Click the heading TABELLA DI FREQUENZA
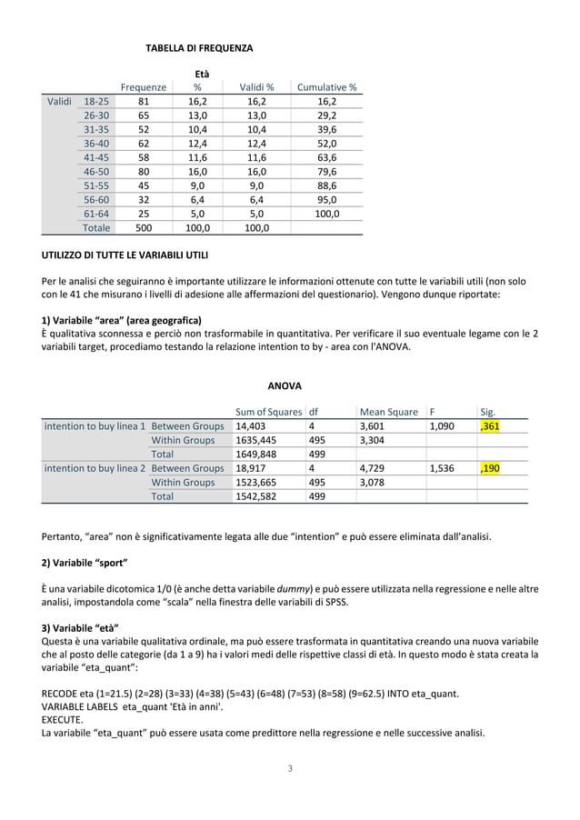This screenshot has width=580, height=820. [199, 47]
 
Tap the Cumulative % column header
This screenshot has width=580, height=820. [326, 87]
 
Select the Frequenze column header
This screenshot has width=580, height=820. [144, 87]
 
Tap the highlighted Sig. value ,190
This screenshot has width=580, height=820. [490, 468]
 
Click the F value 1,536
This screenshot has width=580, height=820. [443, 468]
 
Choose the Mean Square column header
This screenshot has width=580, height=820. [389, 412]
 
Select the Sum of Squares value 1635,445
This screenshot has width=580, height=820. [256, 440]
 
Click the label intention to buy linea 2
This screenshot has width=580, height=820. [95, 468]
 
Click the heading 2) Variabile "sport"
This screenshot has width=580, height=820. [85, 563]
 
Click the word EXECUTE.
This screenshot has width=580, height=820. [64, 717]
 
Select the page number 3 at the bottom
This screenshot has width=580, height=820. [290, 769]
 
